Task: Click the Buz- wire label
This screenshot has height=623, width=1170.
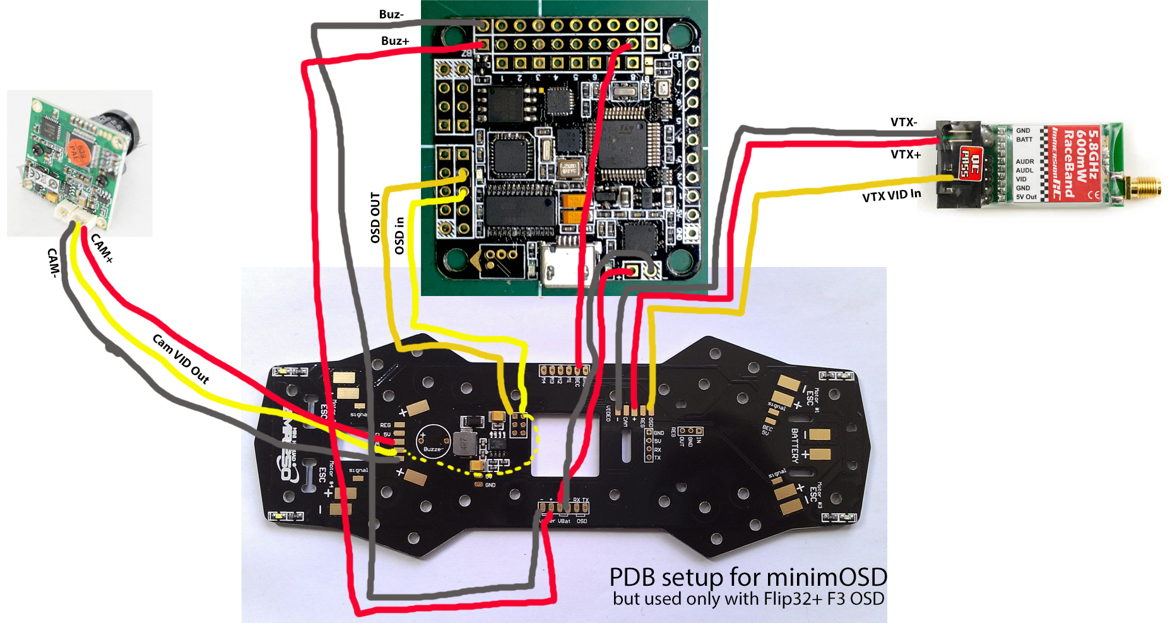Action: (x=391, y=14)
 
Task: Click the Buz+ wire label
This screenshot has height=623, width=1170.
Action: (x=395, y=41)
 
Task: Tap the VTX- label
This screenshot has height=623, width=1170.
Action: (x=904, y=122)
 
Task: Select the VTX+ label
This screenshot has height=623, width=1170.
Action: (x=906, y=154)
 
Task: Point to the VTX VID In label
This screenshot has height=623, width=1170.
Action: (x=891, y=196)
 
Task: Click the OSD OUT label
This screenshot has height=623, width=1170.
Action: (x=375, y=218)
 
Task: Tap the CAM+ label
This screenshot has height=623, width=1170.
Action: (x=102, y=248)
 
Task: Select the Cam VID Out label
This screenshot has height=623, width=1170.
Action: (x=180, y=359)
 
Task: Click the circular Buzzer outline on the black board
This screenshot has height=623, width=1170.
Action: (x=432, y=441)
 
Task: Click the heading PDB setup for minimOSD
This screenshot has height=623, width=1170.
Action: (x=748, y=577)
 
